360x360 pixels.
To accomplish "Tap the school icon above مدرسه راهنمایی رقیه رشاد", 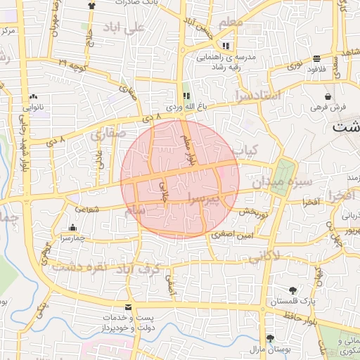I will point(226,45).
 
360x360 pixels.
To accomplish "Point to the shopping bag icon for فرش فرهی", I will point(328,96).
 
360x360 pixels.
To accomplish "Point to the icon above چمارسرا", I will point(73,227).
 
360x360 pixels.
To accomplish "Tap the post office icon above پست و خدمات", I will point(127,307).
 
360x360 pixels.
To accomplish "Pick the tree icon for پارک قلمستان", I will point(292,290).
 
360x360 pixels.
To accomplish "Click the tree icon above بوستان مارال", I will point(270,338).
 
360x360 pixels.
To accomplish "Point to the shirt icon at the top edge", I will point(90,4).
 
